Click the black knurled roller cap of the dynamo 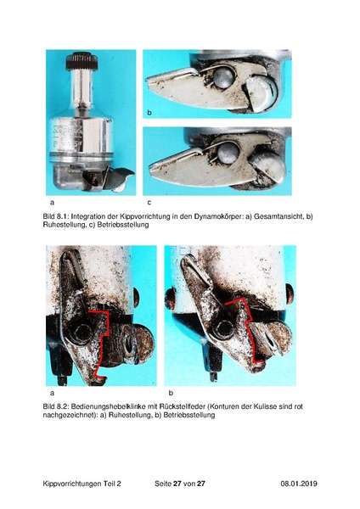(82, 61)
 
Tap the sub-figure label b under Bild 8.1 (149, 113)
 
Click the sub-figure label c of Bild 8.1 (149, 203)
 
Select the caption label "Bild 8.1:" (56, 216)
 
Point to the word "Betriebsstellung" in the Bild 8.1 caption (123, 225)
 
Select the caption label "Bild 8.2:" (56, 406)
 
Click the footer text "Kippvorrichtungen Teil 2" (82, 484)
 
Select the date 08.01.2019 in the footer (299, 484)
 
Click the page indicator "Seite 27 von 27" (180, 484)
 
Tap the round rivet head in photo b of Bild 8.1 (223, 78)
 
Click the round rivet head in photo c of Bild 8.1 (228, 153)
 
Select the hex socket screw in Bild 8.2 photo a (81, 333)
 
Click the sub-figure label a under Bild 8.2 (52, 393)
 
